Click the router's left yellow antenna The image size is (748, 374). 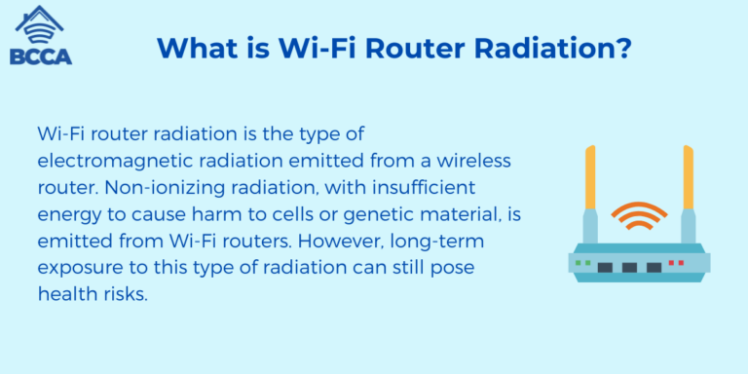tap(590, 180)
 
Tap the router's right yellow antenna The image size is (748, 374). tap(688, 180)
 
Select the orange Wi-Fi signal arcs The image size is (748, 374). tap(639, 215)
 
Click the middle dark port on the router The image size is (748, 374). tap(629, 266)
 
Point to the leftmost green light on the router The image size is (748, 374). tap(578, 263)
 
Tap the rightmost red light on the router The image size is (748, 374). tap(681, 263)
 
